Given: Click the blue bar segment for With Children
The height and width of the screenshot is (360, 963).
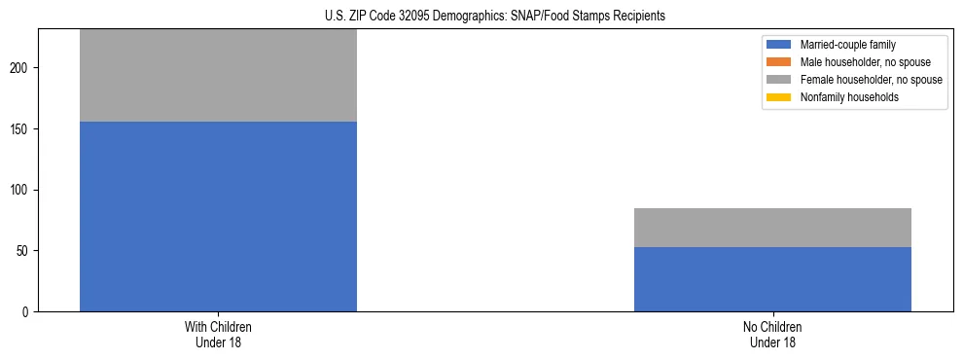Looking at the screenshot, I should (x=218, y=216).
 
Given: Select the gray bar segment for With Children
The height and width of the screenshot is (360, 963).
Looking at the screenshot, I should (x=218, y=76).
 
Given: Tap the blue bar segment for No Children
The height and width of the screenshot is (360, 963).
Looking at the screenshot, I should (x=772, y=279).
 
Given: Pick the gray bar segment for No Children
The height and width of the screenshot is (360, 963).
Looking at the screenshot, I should (x=772, y=228).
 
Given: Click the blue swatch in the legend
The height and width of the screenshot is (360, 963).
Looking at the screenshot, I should (x=779, y=45).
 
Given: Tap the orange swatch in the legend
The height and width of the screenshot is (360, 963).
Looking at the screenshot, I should (x=779, y=62).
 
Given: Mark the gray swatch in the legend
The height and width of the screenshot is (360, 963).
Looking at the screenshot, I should (x=779, y=80).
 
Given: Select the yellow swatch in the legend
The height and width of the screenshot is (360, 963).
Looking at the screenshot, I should (x=779, y=97).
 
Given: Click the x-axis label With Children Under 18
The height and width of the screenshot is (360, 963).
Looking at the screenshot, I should (x=218, y=334).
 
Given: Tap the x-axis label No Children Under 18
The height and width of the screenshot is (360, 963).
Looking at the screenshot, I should (x=772, y=334).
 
